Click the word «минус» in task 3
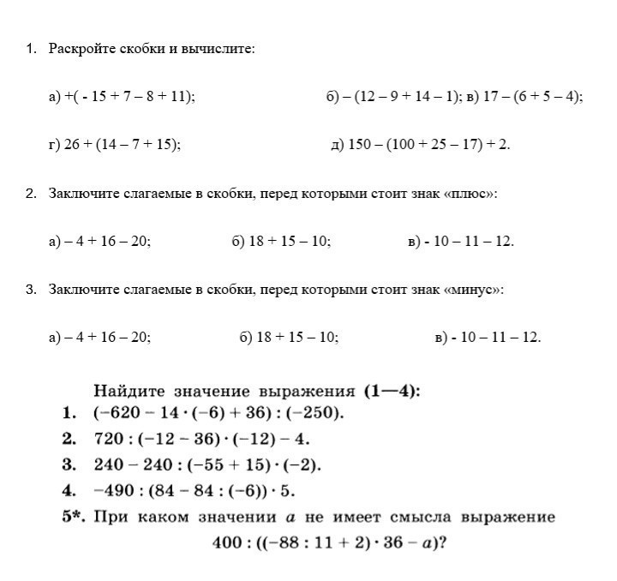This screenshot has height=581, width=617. tap(471, 290)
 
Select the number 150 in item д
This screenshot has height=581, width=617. tap(359, 145)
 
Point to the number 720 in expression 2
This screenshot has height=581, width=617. tap(107, 440)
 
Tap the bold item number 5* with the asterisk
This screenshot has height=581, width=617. tap(73, 517)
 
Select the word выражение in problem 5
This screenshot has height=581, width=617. tap(508, 517)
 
